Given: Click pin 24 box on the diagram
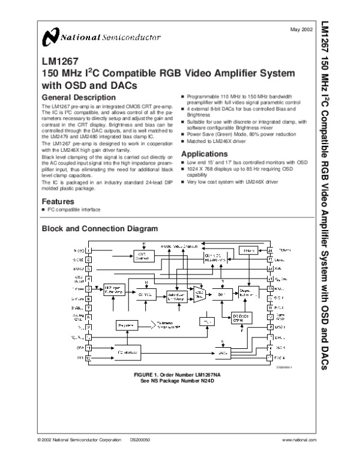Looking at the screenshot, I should tap(269, 250).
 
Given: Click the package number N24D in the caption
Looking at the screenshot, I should tap(198, 380).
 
